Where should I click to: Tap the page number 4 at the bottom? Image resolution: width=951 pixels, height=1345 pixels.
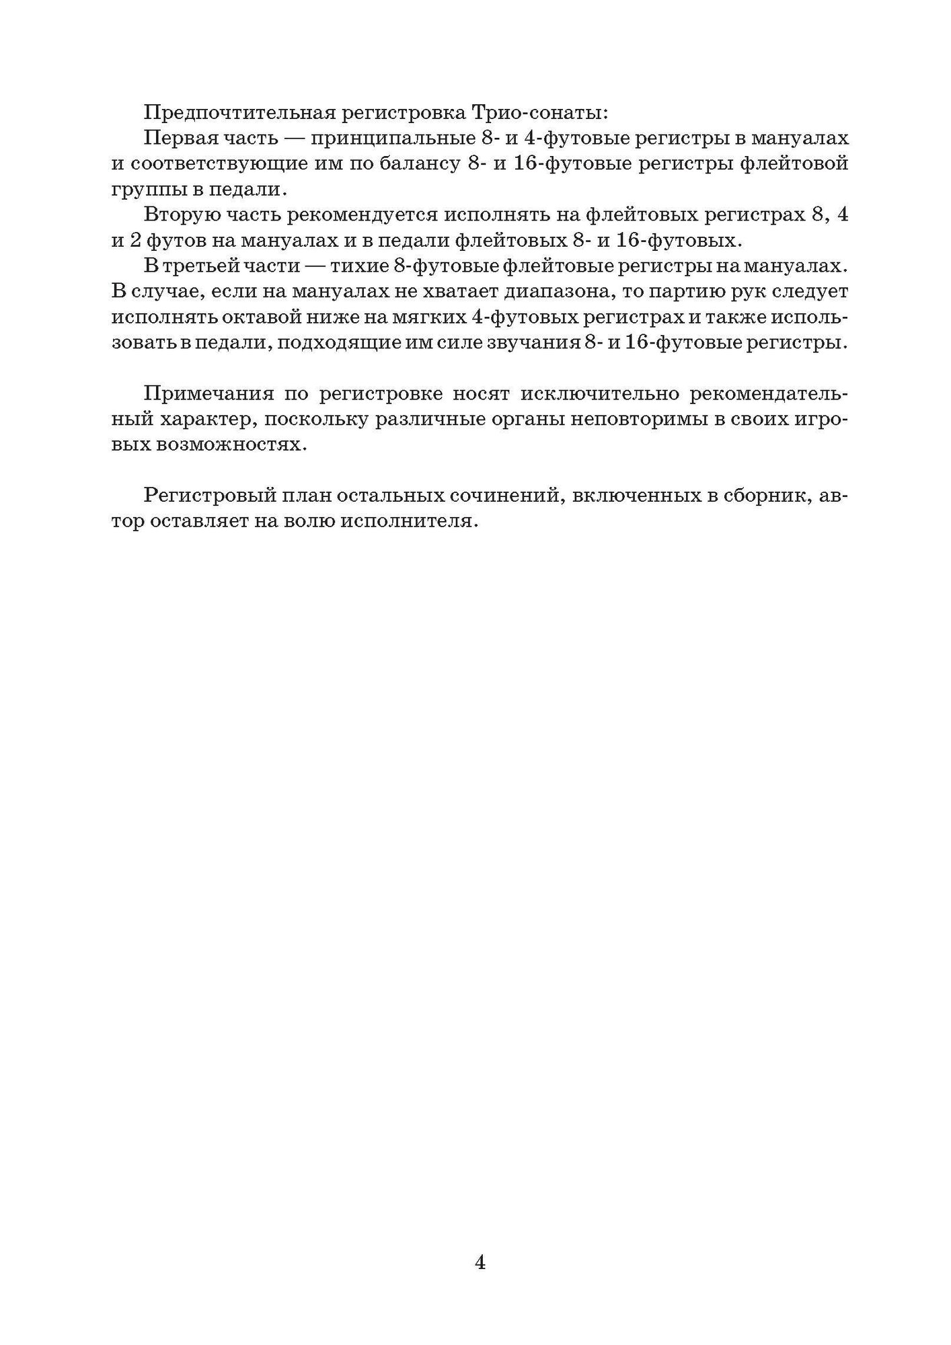pos(480,1243)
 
